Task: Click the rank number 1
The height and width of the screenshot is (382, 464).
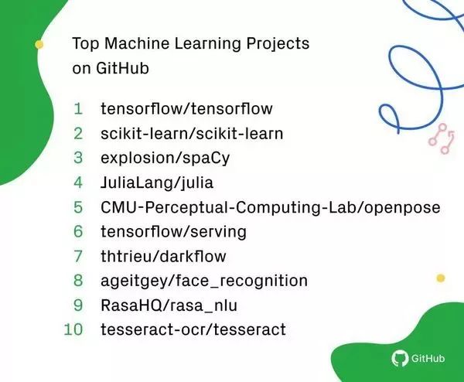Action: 78,108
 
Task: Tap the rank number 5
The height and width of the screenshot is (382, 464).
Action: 78,206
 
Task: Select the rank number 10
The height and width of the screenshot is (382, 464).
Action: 73,329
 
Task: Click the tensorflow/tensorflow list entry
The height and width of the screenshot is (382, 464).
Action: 186,108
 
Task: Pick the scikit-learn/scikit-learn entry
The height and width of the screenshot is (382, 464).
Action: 192,134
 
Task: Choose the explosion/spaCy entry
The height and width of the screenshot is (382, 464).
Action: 165,159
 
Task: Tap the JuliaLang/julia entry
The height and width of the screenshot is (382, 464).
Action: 157,182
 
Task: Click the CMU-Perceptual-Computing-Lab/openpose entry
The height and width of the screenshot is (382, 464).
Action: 271,207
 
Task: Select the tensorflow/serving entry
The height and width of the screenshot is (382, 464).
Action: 173,232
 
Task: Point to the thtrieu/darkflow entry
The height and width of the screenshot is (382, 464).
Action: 163,256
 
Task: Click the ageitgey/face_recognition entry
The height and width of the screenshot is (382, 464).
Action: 204,281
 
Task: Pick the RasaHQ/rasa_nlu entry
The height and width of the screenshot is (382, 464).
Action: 169,305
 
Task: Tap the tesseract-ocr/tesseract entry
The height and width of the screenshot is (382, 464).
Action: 193,329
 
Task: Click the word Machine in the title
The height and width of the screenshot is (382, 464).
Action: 137,43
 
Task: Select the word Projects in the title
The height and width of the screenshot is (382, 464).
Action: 278,44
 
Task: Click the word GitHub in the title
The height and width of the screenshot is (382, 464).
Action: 122,68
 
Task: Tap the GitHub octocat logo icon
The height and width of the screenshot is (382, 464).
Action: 400,358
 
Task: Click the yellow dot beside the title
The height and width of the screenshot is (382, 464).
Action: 39,44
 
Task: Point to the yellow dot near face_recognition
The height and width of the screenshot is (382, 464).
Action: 441,278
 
